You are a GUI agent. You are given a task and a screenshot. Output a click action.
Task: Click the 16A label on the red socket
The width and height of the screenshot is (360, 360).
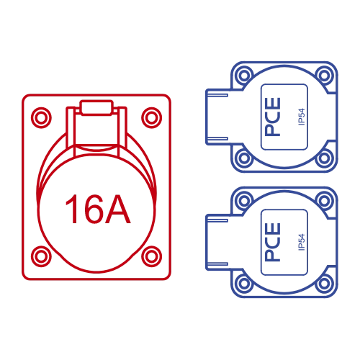(x=98, y=209)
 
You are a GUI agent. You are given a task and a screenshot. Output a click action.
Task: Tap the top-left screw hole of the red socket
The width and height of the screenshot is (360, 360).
(x=41, y=117)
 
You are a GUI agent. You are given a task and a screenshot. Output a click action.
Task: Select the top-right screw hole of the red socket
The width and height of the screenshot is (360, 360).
(x=152, y=117)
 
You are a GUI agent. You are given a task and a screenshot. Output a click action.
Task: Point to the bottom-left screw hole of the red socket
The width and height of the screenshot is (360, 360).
(x=41, y=256)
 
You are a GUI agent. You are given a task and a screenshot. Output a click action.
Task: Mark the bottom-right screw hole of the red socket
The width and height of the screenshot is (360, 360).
(x=152, y=256)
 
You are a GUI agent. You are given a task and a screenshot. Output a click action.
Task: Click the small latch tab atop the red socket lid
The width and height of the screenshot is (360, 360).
(x=96, y=108)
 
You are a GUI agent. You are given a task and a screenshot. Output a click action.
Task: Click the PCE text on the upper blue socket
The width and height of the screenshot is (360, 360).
(x=273, y=117)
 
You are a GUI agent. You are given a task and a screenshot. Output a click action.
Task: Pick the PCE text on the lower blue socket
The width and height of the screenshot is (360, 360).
(x=273, y=242)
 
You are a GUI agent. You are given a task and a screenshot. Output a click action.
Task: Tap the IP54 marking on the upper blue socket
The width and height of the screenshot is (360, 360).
(x=302, y=117)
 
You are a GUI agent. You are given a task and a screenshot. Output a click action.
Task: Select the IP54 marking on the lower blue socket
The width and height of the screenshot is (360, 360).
(x=302, y=242)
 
